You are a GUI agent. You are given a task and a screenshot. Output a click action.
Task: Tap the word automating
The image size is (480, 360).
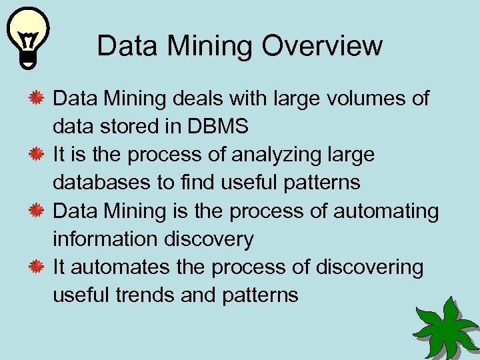pyautogui.click(x=386, y=211)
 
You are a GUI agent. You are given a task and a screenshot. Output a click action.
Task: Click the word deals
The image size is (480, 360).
pyautogui.click(x=198, y=99)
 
